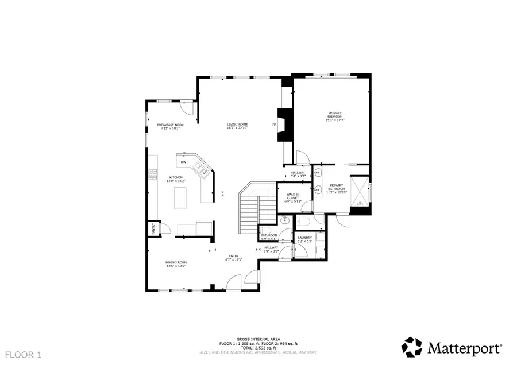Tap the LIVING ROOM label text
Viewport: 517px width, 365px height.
pyautogui.click(x=237, y=126)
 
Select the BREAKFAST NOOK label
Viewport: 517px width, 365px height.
pyautogui.click(x=170, y=126)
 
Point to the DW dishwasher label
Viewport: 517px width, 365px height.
pyautogui.click(x=183, y=162)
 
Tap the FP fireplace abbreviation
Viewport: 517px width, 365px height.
pyautogui.click(x=274, y=125)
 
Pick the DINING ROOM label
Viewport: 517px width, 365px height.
pyautogui.click(x=177, y=264)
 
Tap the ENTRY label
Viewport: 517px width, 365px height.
pyautogui.click(x=234, y=258)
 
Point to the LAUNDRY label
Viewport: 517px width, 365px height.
pyautogui.click(x=304, y=239)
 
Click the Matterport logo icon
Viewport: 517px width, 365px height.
pyautogui.click(x=412, y=347)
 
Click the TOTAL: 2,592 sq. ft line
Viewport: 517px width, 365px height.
pyautogui.click(x=257, y=347)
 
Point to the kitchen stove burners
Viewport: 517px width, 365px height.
pyautogui.click(x=153, y=174)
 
